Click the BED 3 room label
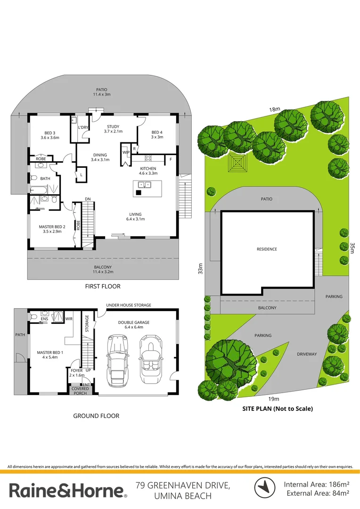[x=49, y=135]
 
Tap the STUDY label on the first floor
[x=113, y=129]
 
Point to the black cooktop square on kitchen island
[x=139, y=192]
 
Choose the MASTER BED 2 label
[x=50, y=229]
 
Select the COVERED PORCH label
[x=80, y=391]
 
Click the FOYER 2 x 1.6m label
[x=77, y=373]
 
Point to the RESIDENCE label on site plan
[x=267, y=249]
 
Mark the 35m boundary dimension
[x=351, y=248]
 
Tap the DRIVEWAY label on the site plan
[x=307, y=353]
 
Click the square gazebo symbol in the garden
[x=237, y=164]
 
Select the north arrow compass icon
[x=265, y=488]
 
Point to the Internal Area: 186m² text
[x=316, y=484]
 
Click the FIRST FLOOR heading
[x=103, y=286]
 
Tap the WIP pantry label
[x=126, y=152]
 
